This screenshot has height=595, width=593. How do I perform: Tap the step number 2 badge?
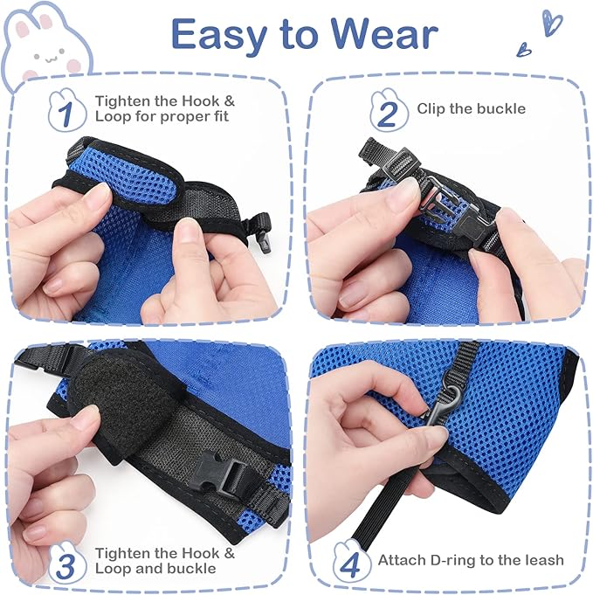[x=389, y=112]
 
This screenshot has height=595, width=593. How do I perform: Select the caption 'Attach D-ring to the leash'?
[x=471, y=560]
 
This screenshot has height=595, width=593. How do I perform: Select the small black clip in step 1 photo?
[x=260, y=228]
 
